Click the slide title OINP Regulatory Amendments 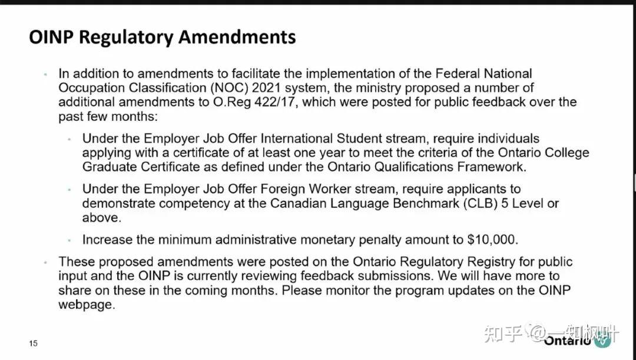[x=162, y=37]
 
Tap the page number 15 [x=34, y=344]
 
